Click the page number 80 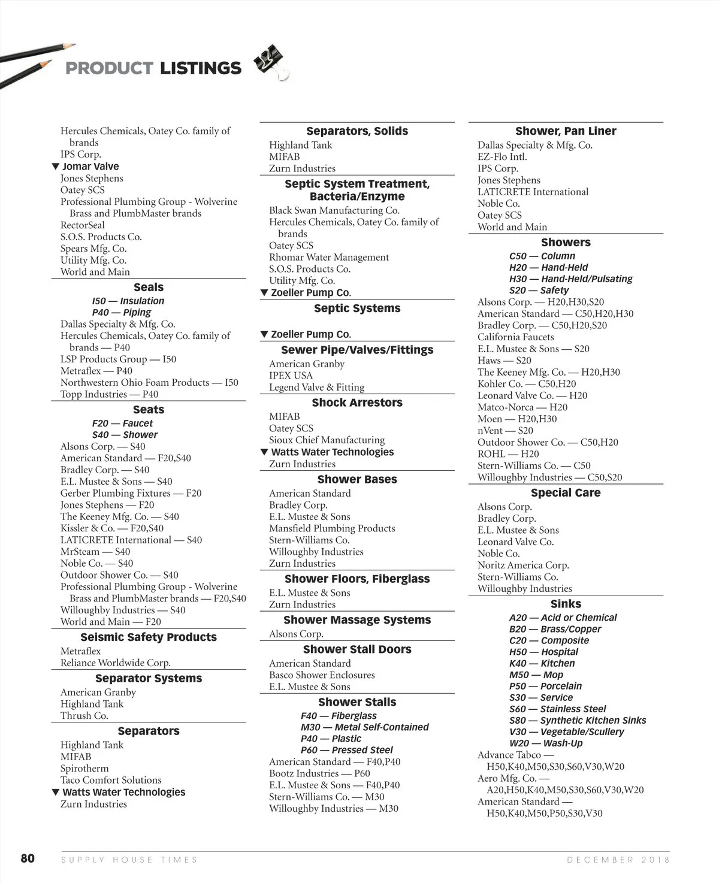(28, 858)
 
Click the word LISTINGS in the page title (200, 68)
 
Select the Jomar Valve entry (90, 167)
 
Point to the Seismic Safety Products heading (149, 637)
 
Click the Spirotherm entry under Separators (84, 769)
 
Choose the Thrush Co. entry (84, 716)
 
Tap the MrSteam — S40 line (95, 552)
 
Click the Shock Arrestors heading (357, 403)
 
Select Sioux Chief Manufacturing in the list (327, 440)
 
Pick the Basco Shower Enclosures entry (322, 675)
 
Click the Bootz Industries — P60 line (319, 773)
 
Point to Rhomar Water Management (329, 258)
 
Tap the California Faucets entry (515, 337)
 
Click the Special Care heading (566, 493)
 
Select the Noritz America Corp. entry (523, 566)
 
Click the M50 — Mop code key (536, 675)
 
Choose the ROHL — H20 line (508, 454)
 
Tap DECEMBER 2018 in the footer (618, 860)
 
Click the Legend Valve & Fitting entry (316, 388)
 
